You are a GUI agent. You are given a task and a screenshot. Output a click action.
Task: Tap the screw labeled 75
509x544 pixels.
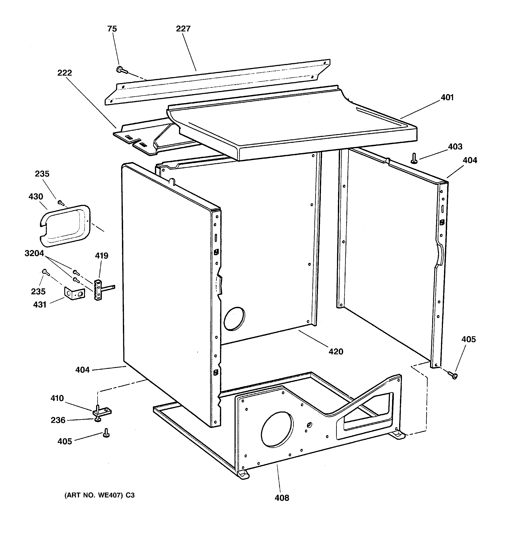click(x=121, y=70)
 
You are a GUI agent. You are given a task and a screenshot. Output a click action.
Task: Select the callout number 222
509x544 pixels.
click(x=65, y=73)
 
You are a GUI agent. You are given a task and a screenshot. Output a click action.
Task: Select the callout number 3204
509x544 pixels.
click(x=34, y=253)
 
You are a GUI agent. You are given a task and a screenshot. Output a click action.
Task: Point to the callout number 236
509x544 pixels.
click(x=58, y=420)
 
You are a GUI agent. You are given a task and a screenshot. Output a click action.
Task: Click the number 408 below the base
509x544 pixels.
click(x=282, y=498)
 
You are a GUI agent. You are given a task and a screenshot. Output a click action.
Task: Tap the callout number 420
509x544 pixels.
click(x=335, y=351)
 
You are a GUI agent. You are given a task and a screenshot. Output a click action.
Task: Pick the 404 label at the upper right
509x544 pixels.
click(x=470, y=160)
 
